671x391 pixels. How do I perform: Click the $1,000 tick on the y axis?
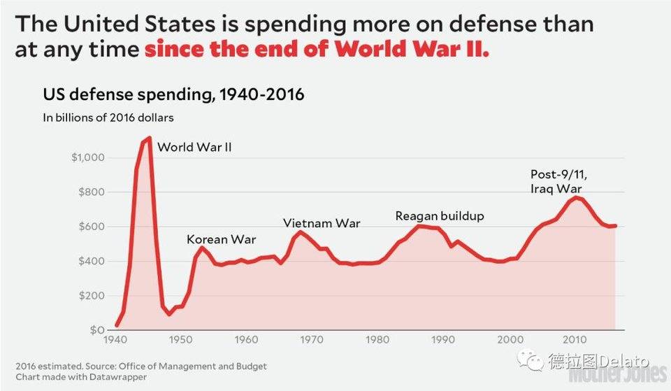(x=88, y=157)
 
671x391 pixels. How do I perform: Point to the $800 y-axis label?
(x=92, y=192)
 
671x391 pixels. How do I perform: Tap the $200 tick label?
(x=92, y=295)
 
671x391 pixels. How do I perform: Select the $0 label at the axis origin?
(x=97, y=329)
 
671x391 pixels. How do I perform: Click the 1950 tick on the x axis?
(x=180, y=340)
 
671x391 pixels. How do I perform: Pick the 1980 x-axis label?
(x=377, y=340)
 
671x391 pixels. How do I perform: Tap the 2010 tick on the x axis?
(x=575, y=340)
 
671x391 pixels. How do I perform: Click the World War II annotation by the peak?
(x=194, y=148)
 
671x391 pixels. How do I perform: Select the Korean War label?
(x=222, y=239)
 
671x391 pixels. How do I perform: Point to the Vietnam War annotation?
(x=322, y=223)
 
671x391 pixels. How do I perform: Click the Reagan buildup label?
(x=440, y=216)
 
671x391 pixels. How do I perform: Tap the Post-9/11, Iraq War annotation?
(x=558, y=181)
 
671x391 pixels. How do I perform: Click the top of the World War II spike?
(x=149, y=138)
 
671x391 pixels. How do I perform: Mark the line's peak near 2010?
(x=576, y=197)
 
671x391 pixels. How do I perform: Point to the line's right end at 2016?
(x=615, y=226)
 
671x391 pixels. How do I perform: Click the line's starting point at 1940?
(x=117, y=325)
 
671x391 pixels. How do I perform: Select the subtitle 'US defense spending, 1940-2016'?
(x=173, y=94)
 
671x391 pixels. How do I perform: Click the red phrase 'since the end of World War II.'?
(x=317, y=49)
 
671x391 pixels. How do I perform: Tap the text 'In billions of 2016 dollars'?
(x=108, y=118)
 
